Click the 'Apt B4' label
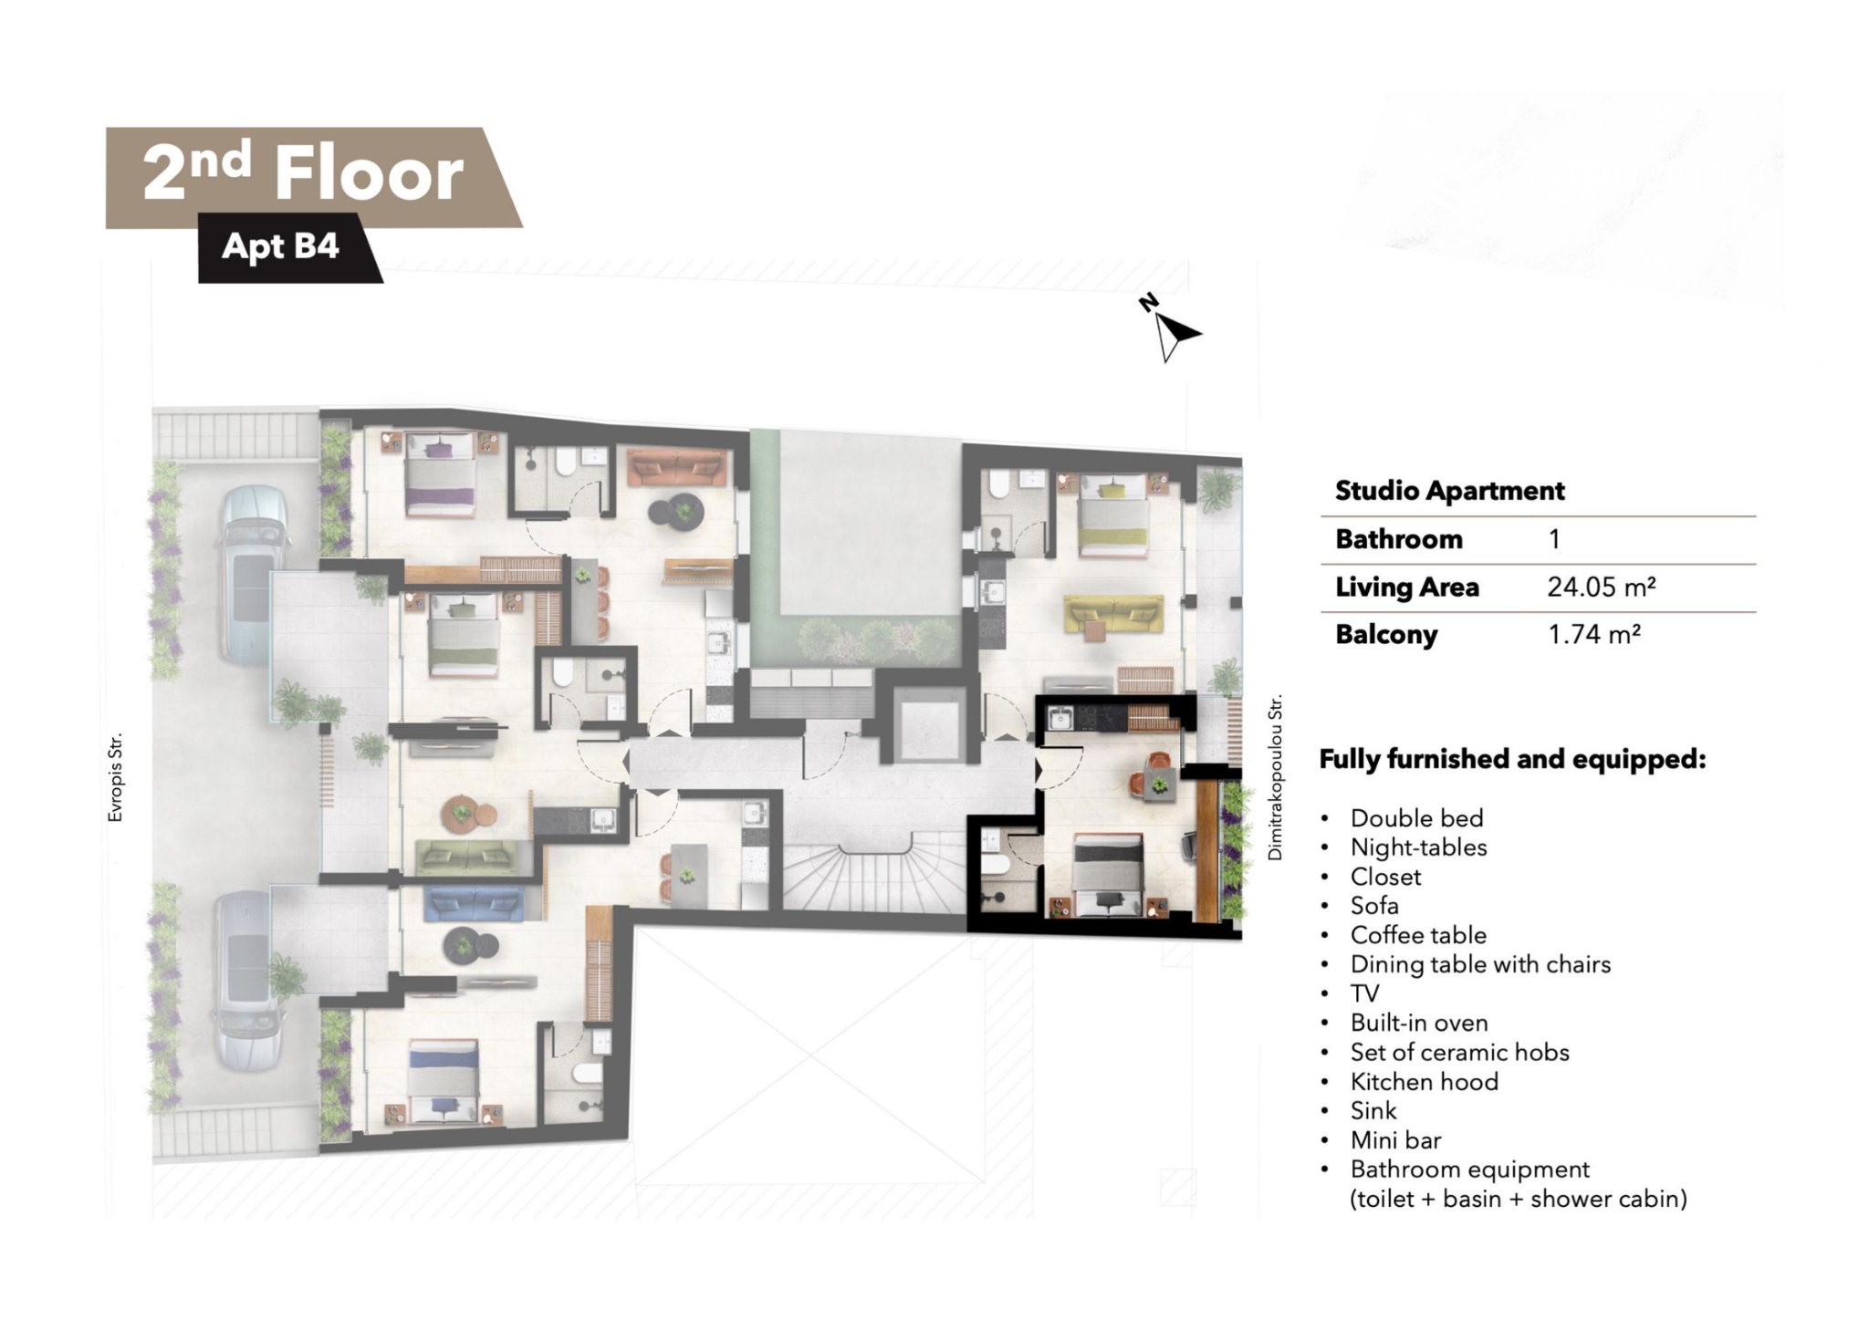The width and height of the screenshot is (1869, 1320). pyautogui.click(x=280, y=245)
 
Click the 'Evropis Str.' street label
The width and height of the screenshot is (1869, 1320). pyautogui.click(x=115, y=778)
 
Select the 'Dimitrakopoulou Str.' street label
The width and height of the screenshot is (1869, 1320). pyautogui.click(x=1275, y=777)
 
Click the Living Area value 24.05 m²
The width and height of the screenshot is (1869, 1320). pyautogui.click(x=1602, y=587)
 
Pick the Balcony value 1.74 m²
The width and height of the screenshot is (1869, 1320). pyautogui.click(x=1594, y=634)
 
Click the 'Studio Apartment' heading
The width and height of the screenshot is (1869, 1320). pyautogui.click(x=1449, y=491)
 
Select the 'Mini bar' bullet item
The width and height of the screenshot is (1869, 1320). pyautogui.click(x=1395, y=1140)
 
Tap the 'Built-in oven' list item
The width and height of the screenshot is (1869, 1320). pyautogui.click(x=1419, y=1023)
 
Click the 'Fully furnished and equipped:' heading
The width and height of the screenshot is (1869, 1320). pyautogui.click(x=1512, y=759)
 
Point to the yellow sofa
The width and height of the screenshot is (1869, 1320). pyautogui.click(x=1113, y=615)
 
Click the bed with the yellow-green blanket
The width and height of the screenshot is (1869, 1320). pyautogui.click(x=1112, y=514)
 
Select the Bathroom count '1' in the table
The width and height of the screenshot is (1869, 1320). pyautogui.click(x=1554, y=538)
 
